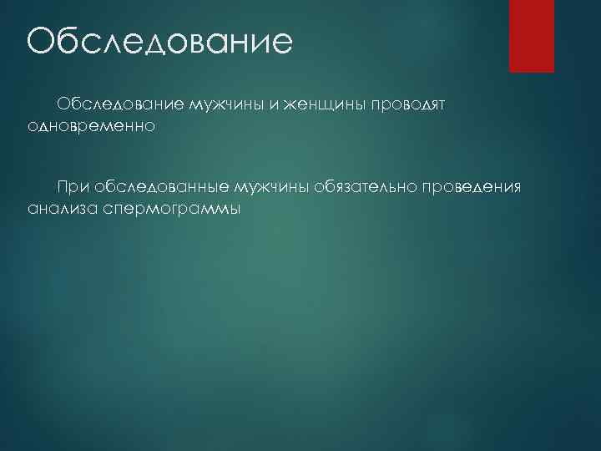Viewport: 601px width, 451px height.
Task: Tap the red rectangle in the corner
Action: tap(532, 35)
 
